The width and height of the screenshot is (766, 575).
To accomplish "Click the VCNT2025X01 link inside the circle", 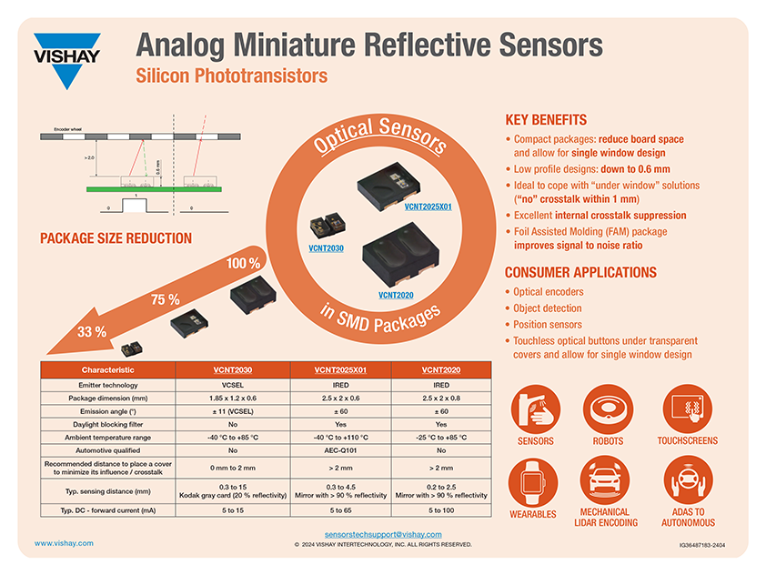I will pos(428,207).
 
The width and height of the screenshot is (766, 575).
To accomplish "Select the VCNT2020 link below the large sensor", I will pos(396,295).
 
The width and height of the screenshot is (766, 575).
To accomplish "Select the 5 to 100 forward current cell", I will pos(439,510).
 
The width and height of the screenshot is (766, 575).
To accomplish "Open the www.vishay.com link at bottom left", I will pos(64,543).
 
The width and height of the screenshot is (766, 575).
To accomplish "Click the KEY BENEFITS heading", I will pos(545,120).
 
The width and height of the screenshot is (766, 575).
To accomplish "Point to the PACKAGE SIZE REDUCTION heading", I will pos(116,238).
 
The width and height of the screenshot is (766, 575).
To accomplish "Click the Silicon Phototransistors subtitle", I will pos(231,76).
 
